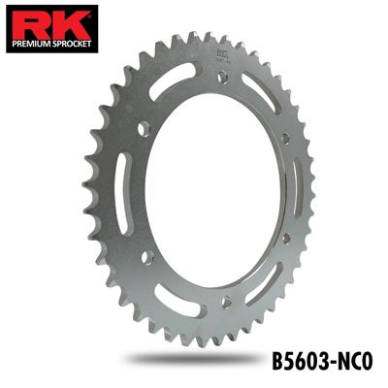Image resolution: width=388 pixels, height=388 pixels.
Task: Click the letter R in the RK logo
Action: point(29,21)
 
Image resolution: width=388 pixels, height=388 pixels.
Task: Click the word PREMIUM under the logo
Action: point(30,44)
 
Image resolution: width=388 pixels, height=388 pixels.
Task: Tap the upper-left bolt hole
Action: point(144,126)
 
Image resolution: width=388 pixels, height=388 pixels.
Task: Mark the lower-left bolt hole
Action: point(147,257)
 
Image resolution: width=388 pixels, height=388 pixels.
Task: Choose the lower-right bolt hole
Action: point(285,237)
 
